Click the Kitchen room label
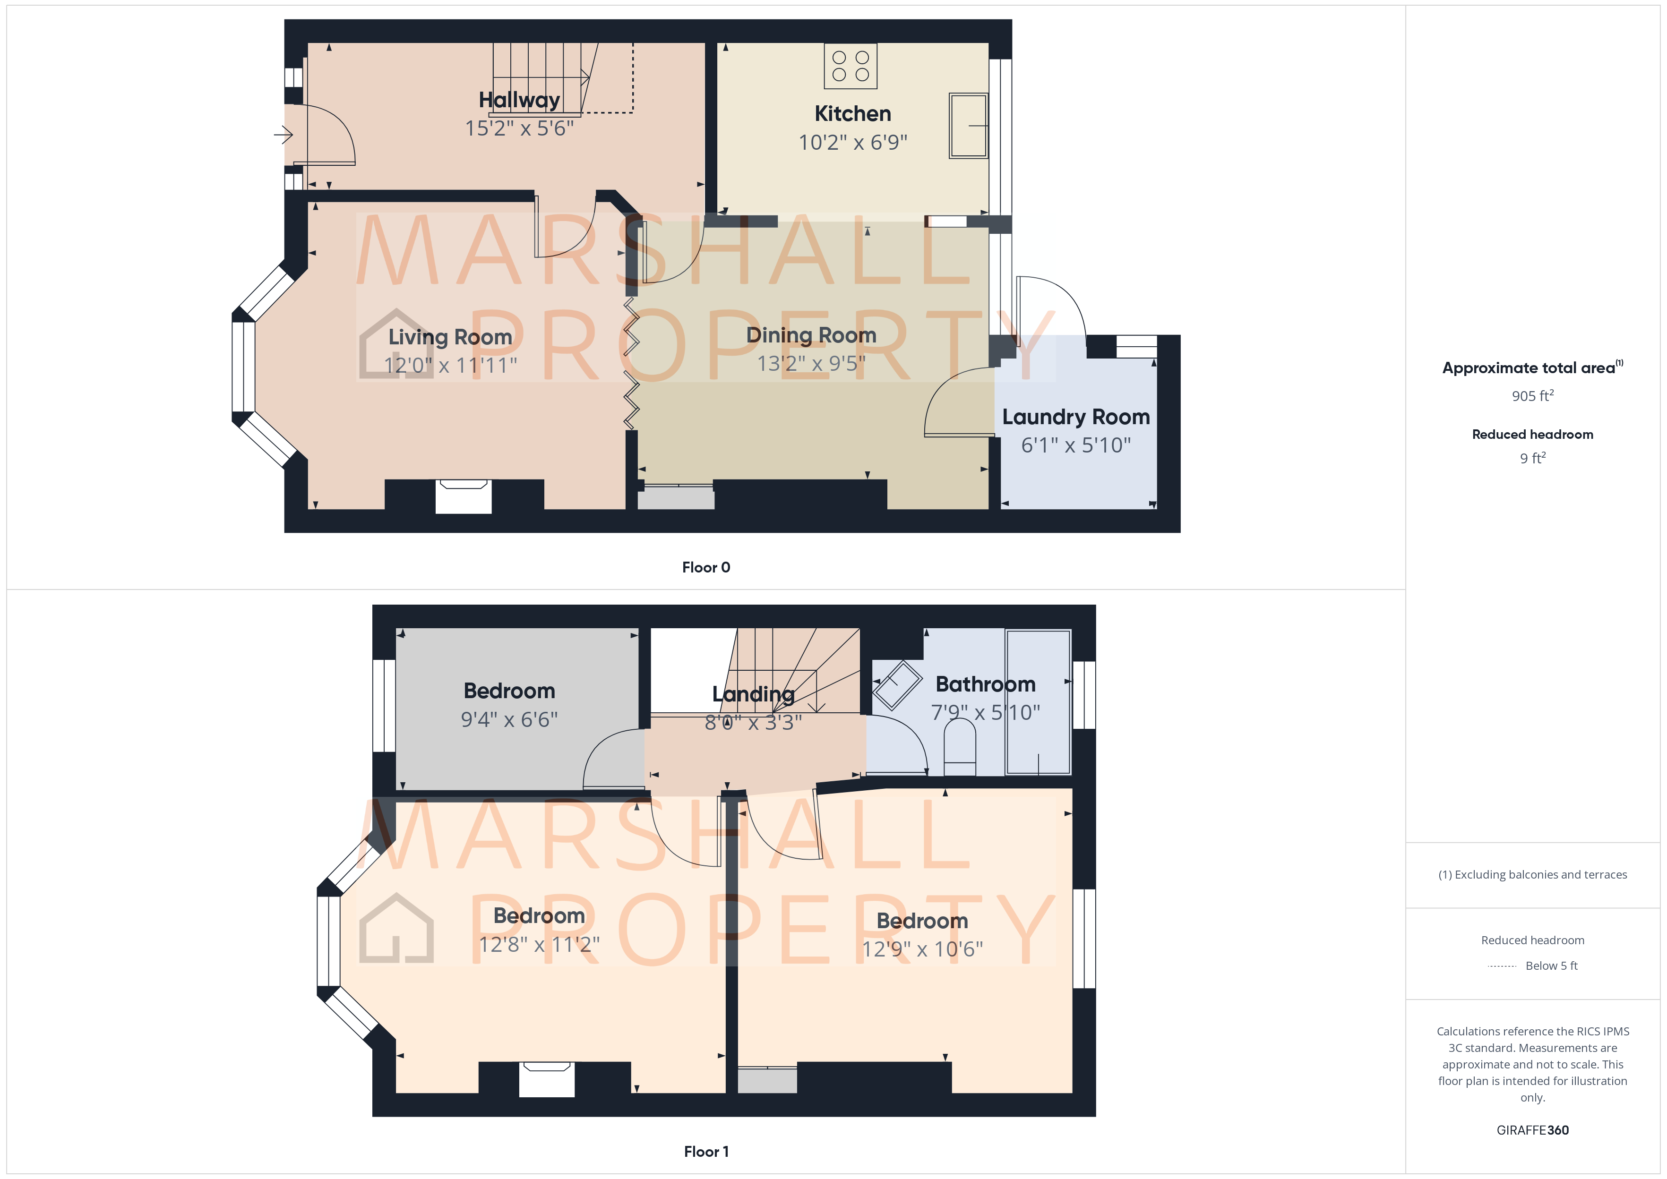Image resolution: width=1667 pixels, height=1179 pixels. (x=852, y=114)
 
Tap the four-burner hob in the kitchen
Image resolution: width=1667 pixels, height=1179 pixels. (x=850, y=66)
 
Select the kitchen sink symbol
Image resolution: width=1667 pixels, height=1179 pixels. (x=968, y=126)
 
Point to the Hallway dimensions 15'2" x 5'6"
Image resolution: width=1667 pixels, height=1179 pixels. (x=519, y=128)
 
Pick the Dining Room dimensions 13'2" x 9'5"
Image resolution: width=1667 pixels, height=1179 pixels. (x=811, y=363)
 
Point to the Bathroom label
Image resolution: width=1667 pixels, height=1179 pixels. (x=985, y=684)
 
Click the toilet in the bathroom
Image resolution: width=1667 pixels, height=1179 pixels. (x=959, y=748)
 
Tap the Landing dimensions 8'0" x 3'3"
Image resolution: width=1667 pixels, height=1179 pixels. (x=753, y=722)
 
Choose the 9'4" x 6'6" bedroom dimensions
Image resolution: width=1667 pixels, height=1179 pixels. (x=509, y=719)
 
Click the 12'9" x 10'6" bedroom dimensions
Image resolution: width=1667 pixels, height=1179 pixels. (x=922, y=949)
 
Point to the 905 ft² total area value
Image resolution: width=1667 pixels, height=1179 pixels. (x=1532, y=396)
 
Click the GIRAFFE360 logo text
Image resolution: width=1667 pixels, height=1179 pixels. (x=1532, y=1129)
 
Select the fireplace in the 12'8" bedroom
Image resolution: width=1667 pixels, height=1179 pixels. (x=546, y=1079)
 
